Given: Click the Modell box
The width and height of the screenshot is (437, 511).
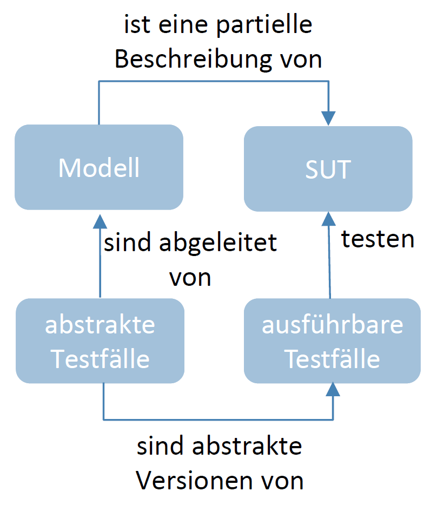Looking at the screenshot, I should [x=99, y=168].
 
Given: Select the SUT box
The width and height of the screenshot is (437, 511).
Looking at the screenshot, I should [x=328, y=169].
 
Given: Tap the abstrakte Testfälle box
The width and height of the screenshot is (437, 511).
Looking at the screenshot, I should [x=100, y=341].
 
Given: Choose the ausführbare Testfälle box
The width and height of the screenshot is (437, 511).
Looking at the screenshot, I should [x=332, y=341].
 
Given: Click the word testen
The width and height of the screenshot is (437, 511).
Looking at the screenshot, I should [x=378, y=239].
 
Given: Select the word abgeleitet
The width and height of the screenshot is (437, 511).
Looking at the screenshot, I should [x=219, y=243].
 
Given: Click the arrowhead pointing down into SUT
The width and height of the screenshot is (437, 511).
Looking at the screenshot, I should [x=329, y=118].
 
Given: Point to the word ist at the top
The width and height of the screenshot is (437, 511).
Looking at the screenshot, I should [x=136, y=25].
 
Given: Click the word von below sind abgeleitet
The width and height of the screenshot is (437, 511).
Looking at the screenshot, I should [x=190, y=277].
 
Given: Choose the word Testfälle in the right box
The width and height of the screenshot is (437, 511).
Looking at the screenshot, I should [x=332, y=358].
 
